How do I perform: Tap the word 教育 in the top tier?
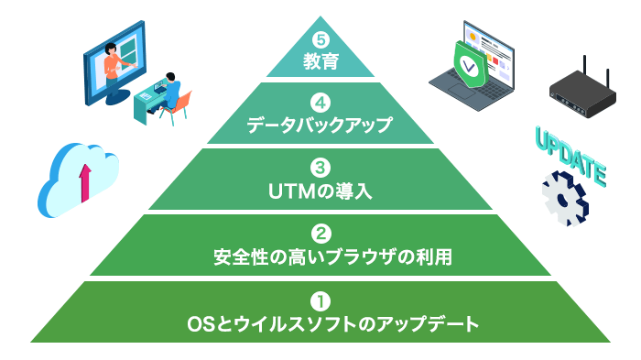pyautogui.click(x=320, y=62)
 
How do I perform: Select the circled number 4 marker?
pyautogui.click(x=320, y=104)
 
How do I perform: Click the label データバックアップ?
pyautogui.click(x=320, y=125)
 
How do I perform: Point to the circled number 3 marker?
pyautogui.click(x=320, y=169)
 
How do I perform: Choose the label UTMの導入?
pyautogui.click(x=320, y=191)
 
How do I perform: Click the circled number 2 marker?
pyautogui.click(x=320, y=234)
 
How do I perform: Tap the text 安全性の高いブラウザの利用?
pyautogui.click(x=320, y=256)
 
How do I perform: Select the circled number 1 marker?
pyautogui.click(x=320, y=300)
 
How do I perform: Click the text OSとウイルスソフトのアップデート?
pyautogui.click(x=320, y=323)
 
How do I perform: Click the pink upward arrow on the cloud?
pyautogui.click(x=85, y=182)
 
